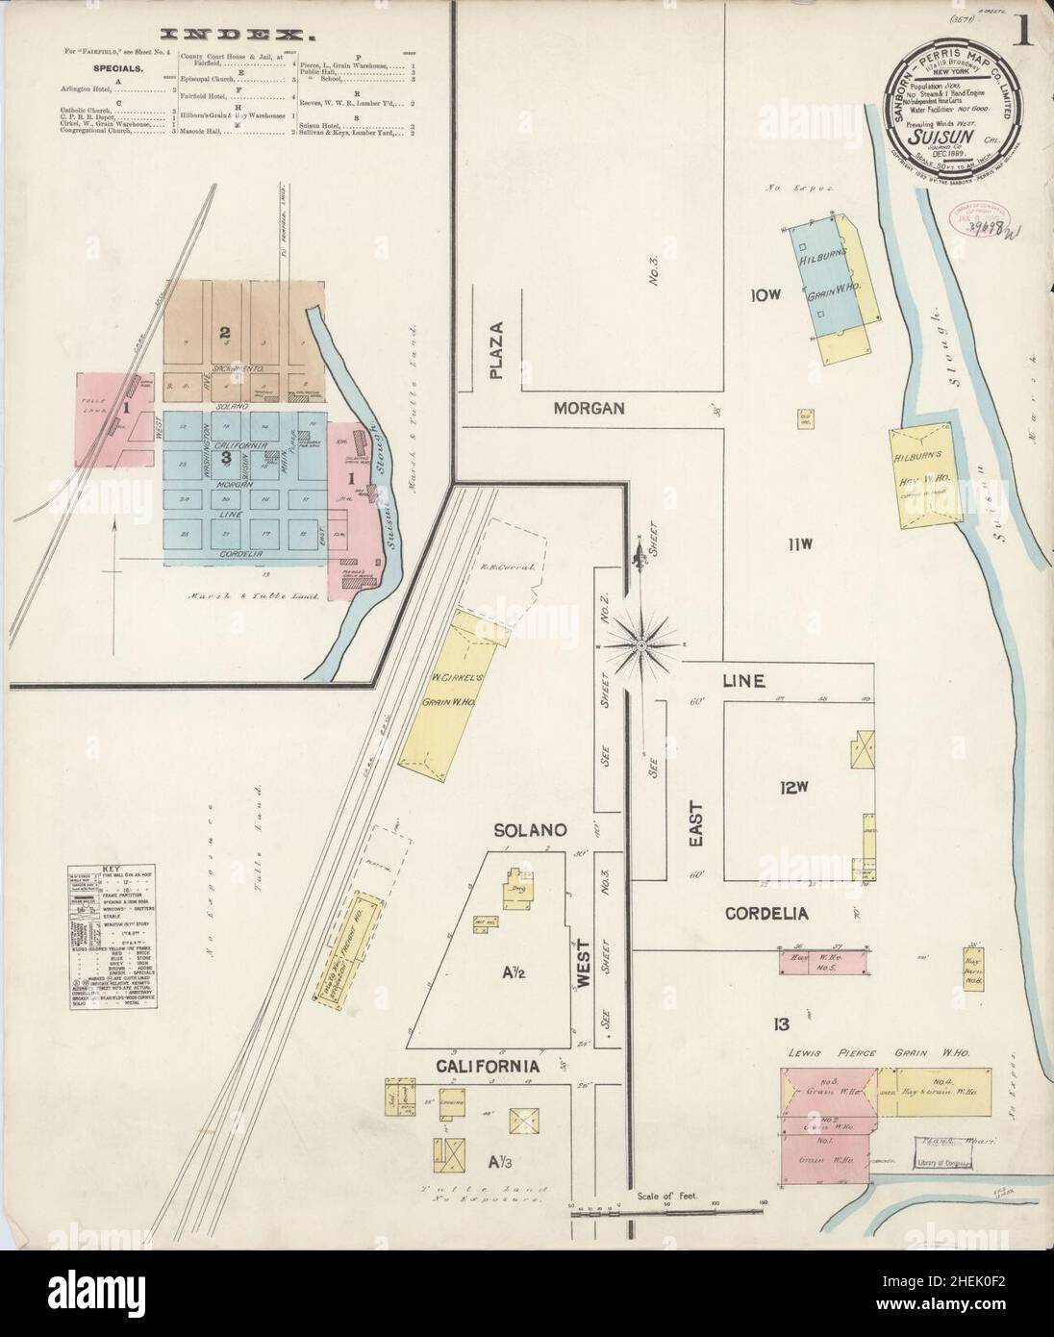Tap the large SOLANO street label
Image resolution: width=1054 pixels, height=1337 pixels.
pyautogui.click(x=520, y=828)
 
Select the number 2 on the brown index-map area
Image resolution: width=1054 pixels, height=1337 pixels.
pyautogui.click(x=224, y=334)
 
